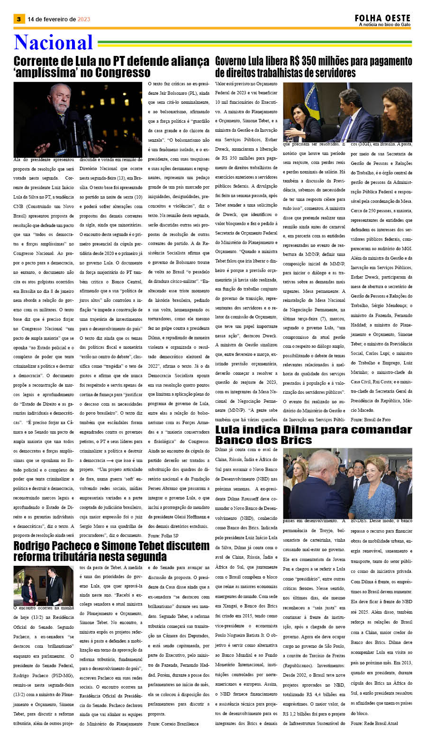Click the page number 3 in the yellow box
click(18, 19)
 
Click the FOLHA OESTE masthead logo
click(382, 18)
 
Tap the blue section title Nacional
click(53, 43)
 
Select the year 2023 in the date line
click(84, 19)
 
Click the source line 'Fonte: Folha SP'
click(163, 535)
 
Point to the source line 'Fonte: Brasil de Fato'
click(371, 420)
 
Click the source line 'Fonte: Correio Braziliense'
click(173, 724)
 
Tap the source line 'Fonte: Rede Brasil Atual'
click(374, 723)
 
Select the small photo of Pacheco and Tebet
click(43, 585)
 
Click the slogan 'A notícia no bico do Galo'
click(384, 25)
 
